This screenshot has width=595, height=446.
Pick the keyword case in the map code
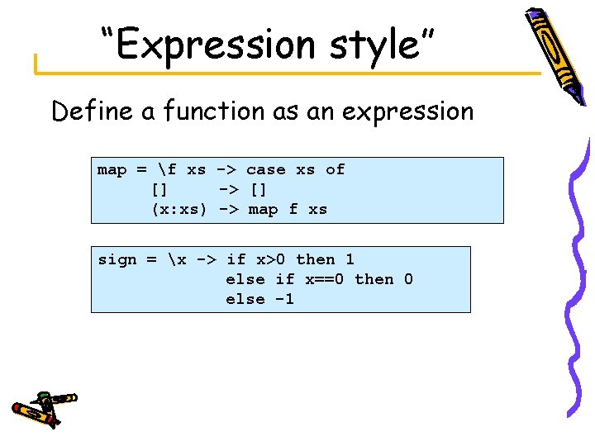(266, 169)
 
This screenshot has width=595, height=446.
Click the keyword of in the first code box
(335, 169)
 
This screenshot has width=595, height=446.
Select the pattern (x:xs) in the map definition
(178, 209)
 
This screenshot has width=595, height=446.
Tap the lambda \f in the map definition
(168, 169)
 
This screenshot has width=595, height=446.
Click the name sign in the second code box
(117, 259)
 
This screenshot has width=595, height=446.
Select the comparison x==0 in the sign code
(325, 279)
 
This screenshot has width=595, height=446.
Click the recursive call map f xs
(288, 209)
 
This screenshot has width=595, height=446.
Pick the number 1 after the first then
(350, 259)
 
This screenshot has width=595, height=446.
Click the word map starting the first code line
(112, 169)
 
